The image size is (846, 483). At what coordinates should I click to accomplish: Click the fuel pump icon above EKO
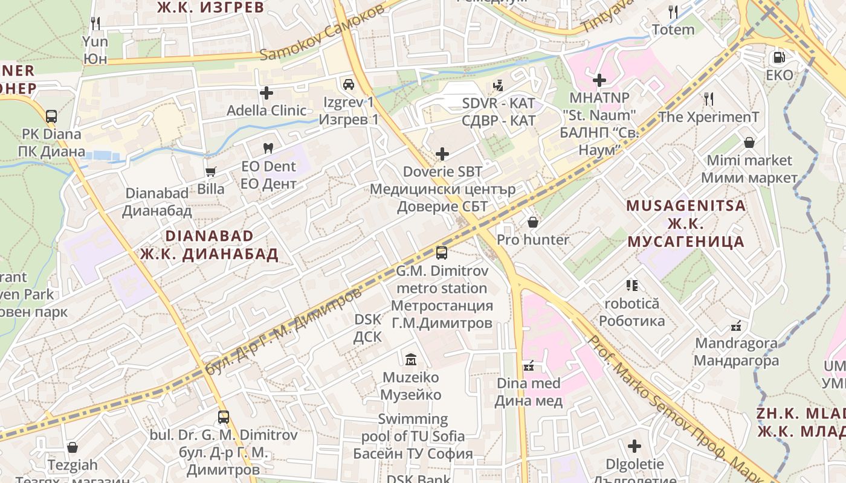[x=779, y=57]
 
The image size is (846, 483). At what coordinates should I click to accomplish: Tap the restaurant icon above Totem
[x=673, y=11]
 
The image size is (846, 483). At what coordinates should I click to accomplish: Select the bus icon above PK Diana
[x=51, y=116]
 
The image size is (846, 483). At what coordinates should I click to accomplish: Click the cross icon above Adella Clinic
[x=266, y=93]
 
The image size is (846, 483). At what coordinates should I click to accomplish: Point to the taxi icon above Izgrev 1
[x=348, y=84]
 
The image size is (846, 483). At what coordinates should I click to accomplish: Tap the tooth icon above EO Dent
[x=268, y=148]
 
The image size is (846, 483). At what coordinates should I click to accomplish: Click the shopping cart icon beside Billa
[x=210, y=171]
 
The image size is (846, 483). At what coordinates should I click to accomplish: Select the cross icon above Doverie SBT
[x=442, y=154]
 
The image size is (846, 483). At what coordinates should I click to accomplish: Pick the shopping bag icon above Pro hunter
[x=532, y=222]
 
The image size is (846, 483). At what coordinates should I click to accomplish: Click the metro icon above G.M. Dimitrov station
[x=442, y=252]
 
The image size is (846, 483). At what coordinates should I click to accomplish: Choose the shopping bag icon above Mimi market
[x=749, y=142]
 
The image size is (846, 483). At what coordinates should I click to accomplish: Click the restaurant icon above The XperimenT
[x=708, y=98]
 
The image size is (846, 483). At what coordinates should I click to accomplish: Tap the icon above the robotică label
[x=632, y=285]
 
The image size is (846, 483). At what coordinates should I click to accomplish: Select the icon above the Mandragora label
[x=735, y=326]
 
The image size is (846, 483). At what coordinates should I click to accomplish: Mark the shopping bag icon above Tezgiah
[x=73, y=447]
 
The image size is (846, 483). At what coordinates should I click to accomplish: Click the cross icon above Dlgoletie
[x=634, y=446]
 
